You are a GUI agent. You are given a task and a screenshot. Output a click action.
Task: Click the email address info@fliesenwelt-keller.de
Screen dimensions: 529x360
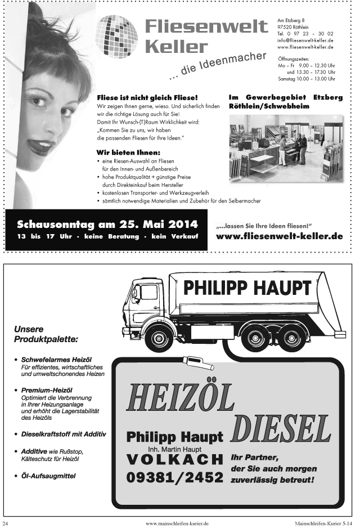(x=305, y=41)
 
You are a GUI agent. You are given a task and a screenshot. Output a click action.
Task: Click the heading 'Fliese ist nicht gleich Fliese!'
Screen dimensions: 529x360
(x=147, y=97)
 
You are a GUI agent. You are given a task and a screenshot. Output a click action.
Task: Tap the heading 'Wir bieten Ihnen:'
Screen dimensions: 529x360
(x=128, y=152)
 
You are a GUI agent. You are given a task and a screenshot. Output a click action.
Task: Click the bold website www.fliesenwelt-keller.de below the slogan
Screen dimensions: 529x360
(x=279, y=236)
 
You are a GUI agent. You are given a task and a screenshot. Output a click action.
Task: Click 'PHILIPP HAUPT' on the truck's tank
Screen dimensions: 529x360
(x=247, y=288)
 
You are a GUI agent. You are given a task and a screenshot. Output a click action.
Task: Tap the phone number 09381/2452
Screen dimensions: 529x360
(x=174, y=478)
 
